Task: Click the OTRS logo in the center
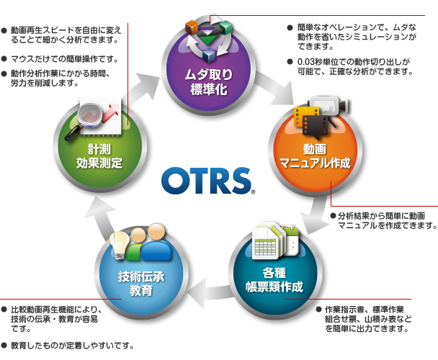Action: [207, 181]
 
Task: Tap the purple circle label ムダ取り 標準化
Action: [209, 82]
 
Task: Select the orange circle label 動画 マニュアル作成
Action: [315, 156]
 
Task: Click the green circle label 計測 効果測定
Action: [99, 156]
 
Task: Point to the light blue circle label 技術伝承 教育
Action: [141, 283]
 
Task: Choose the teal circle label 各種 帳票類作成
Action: [274, 279]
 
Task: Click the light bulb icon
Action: [120, 246]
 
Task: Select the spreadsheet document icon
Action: [264, 242]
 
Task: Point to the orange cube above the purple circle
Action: [192, 27]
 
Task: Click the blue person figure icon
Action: [156, 243]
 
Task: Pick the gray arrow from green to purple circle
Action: [142, 89]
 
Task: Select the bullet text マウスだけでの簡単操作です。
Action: [64, 59]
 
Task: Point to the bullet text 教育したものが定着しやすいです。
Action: [72, 346]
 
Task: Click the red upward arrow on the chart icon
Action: [111, 112]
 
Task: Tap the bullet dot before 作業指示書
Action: [318, 309]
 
